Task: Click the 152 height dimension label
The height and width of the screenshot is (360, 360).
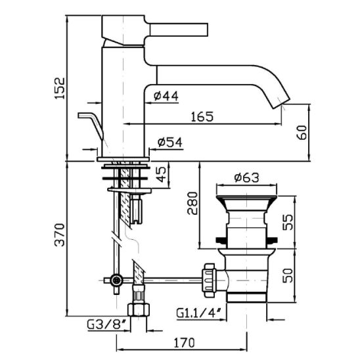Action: point(60,89)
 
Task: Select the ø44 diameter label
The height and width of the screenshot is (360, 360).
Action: point(166,96)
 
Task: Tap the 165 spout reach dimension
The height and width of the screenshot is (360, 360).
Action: point(202,117)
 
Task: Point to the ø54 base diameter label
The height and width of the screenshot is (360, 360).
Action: point(170,143)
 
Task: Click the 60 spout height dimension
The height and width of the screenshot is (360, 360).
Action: point(302,133)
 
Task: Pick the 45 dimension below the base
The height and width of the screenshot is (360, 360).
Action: point(162,174)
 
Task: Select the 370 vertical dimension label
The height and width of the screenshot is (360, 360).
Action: point(60,235)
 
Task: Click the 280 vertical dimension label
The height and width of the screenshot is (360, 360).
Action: point(192,203)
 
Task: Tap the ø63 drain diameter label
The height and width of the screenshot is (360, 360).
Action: point(246,177)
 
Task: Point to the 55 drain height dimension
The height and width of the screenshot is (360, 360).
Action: point(288,222)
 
